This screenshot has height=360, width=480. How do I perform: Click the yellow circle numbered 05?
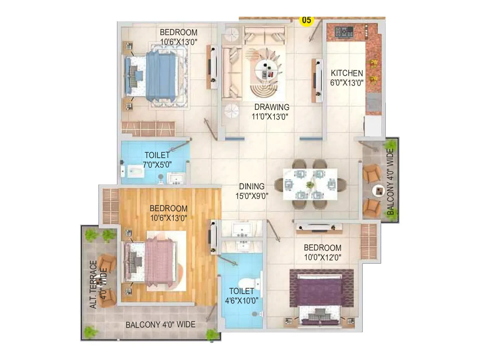point(306,20)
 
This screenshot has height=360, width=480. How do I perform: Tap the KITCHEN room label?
point(347,73)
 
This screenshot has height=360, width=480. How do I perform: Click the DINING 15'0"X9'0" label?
point(252,191)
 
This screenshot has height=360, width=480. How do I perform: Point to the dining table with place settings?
point(310,184)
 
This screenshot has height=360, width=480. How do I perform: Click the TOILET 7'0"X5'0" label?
point(157,160)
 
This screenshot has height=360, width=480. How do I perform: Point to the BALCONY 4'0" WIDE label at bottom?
point(160,325)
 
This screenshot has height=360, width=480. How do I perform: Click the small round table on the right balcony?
point(378,191)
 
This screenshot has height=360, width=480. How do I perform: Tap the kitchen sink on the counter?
point(373,102)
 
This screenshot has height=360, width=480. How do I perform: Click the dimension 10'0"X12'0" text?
point(322,257)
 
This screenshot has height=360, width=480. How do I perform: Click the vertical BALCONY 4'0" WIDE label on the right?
point(390,182)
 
